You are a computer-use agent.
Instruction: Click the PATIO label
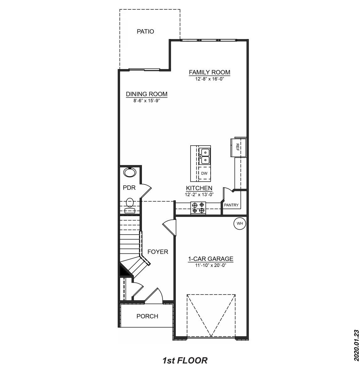coord(145,31)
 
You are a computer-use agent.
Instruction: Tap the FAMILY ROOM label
coord(209,72)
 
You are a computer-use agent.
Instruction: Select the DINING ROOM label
coord(147,94)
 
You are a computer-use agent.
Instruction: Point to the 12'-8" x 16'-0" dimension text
coord(209,79)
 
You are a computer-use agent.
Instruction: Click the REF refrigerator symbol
coord(237,147)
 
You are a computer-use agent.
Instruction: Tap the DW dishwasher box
coord(204,173)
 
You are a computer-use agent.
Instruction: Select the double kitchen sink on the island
coord(205,156)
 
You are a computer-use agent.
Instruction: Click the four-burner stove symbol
coord(198,207)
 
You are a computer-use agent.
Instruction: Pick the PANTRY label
coord(231,205)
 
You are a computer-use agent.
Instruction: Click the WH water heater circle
coord(240,224)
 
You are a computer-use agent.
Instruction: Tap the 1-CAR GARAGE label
coord(211,259)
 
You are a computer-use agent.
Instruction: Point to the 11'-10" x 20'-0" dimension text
coord(211,265)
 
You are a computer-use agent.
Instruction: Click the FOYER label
coord(158,252)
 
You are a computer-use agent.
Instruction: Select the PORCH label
coord(147,316)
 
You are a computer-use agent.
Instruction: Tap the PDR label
coord(129,188)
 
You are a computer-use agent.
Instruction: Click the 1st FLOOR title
coord(185,360)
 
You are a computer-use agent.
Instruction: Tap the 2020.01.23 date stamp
coord(356,345)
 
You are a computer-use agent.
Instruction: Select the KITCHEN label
coord(199,188)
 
